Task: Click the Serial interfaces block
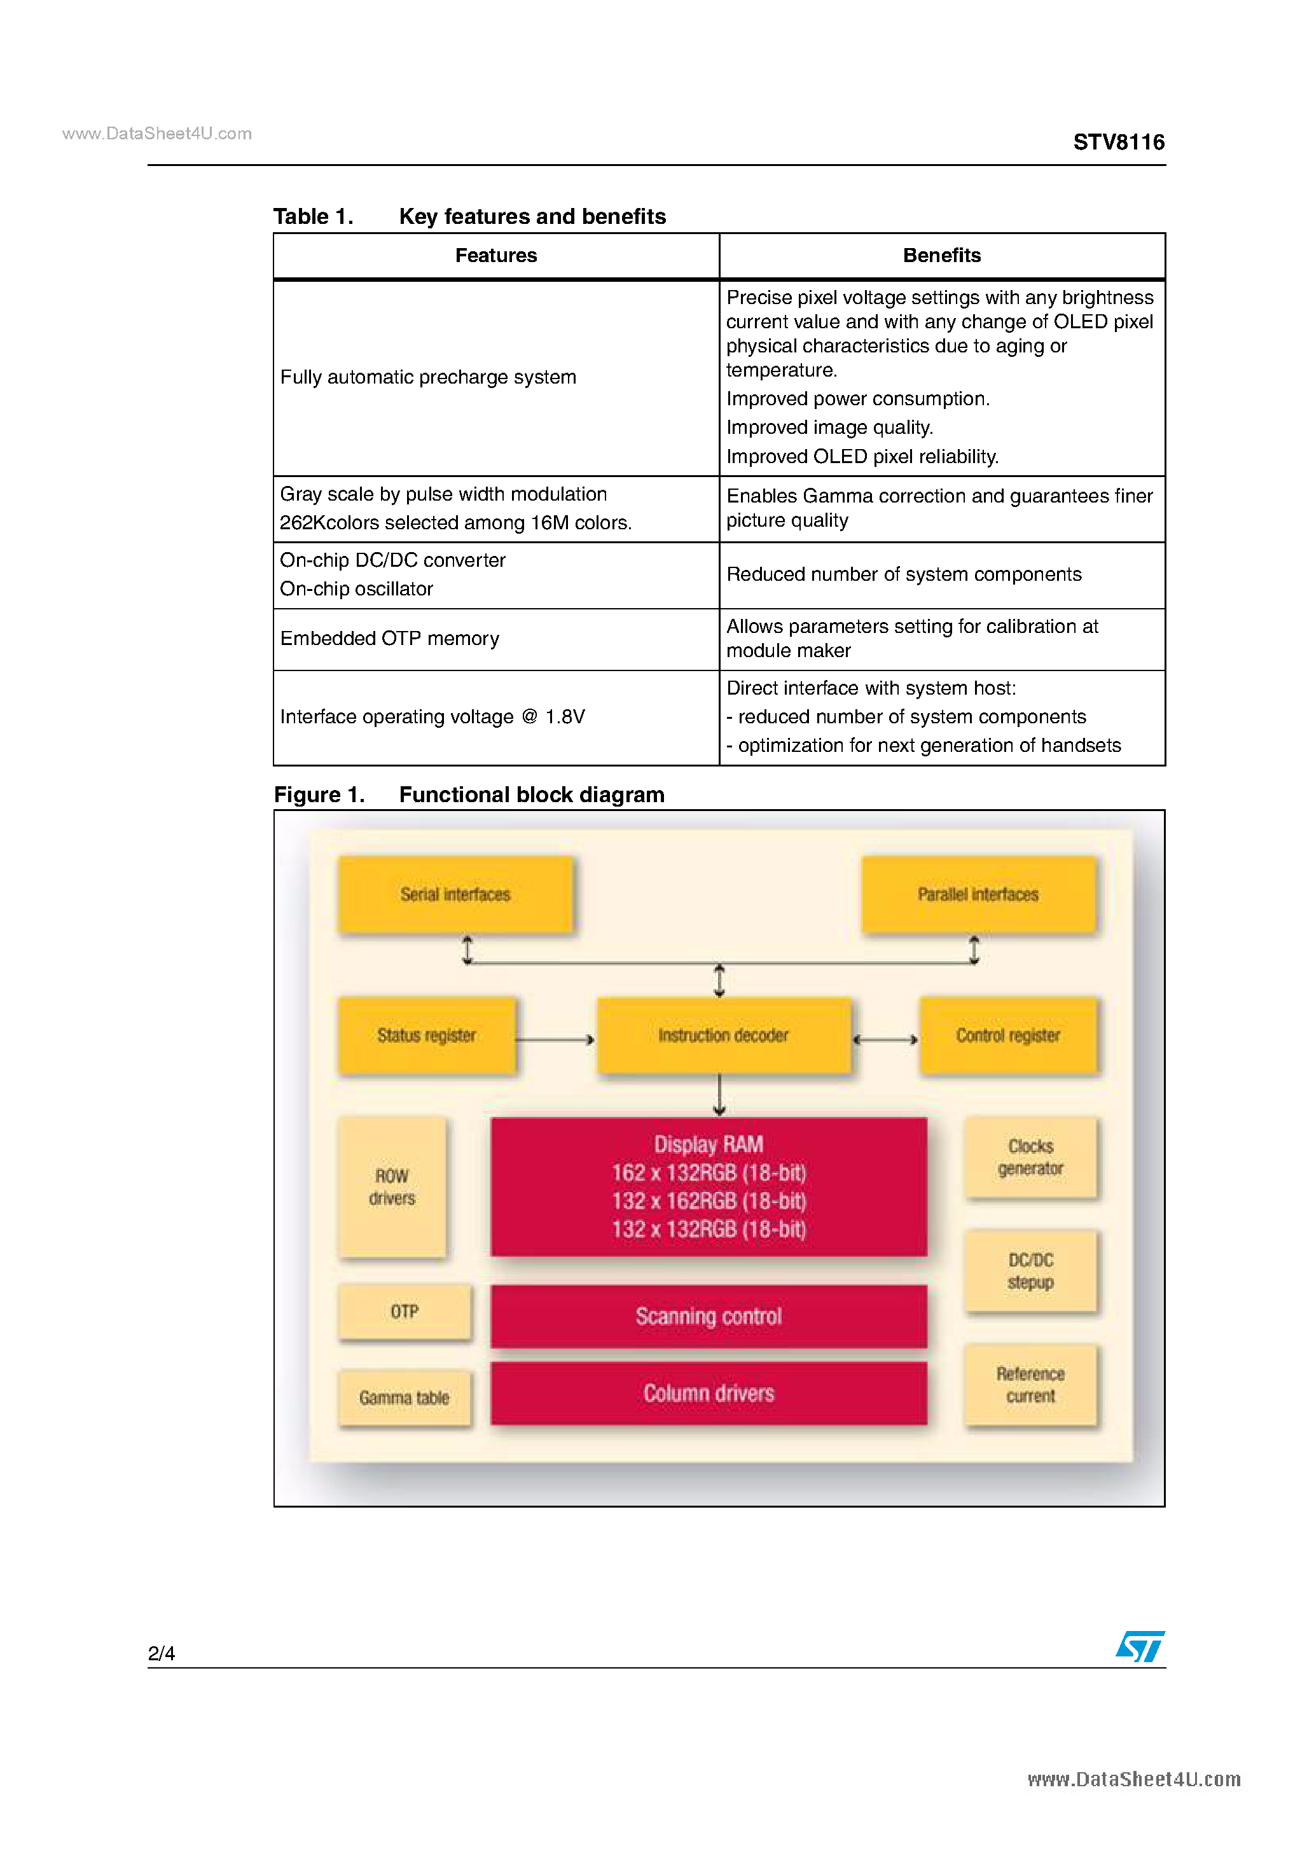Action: (x=455, y=894)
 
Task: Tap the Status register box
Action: (x=427, y=1036)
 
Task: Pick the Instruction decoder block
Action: (x=723, y=1036)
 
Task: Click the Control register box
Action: (x=1009, y=1036)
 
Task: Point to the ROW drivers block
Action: (x=392, y=1187)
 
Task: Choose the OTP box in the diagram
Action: (x=405, y=1312)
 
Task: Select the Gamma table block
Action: (x=405, y=1398)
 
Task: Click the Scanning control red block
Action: (x=709, y=1316)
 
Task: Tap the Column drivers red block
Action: (x=709, y=1393)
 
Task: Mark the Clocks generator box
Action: (x=1030, y=1158)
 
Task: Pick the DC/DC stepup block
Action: (x=1030, y=1271)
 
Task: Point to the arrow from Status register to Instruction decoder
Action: (x=555, y=1039)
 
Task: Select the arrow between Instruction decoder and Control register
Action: (x=885, y=1039)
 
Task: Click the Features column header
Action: (x=496, y=256)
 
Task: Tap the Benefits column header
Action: (x=941, y=256)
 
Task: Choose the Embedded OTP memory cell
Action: (x=390, y=639)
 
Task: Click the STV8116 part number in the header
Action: (x=1118, y=142)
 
